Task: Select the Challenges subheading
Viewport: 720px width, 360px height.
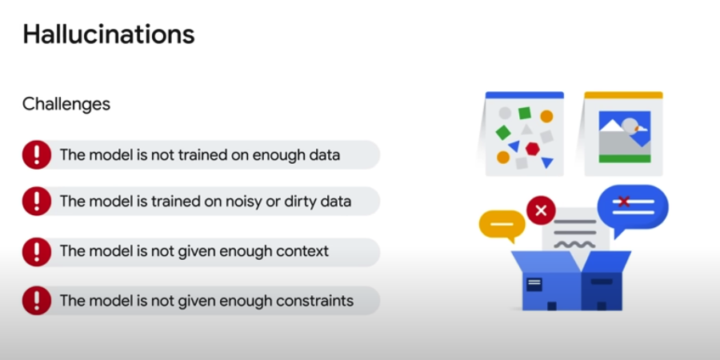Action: (66, 104)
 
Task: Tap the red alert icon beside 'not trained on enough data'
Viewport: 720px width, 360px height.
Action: (37, 154)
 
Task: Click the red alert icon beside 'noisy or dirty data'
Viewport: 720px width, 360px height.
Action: (37, 202)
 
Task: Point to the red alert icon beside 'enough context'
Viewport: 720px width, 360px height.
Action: (37, 251)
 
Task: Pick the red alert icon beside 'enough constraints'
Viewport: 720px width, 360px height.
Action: (37, 301)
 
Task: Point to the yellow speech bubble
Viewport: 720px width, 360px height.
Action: (502, 225)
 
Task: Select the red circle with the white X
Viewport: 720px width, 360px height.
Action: (541, 211)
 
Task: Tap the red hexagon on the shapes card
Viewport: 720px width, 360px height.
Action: (532, 148)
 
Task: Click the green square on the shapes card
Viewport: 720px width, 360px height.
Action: (525, 113)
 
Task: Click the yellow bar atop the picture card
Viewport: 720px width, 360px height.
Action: (623, 95)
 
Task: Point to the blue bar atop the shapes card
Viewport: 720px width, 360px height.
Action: (524, 95)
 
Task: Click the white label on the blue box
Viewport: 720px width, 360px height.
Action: (534, 282)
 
